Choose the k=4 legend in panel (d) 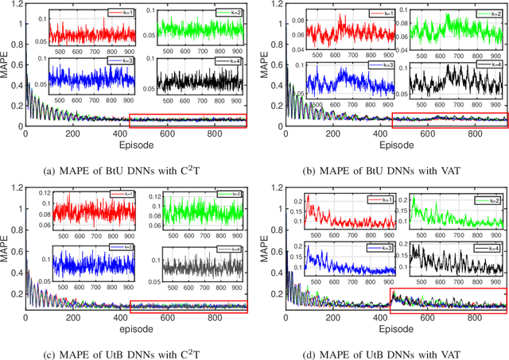[488, 247]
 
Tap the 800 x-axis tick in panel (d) [468, 317]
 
